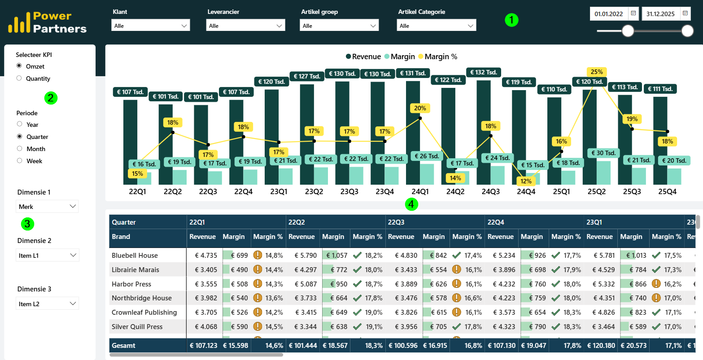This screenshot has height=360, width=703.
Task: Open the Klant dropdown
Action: coord(150,26)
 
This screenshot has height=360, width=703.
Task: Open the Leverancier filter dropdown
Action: coord(245,26)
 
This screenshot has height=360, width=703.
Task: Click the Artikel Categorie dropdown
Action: coord(436,26)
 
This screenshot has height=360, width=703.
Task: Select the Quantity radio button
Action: coord(19,78)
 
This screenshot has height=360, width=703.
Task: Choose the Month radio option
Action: coord(19,149)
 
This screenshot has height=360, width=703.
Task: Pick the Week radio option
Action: coord(19,160)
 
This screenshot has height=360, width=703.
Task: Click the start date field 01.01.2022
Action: coord(608,14)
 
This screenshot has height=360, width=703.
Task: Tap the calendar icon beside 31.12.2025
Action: coord(685,13)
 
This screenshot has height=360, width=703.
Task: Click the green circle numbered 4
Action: coord(411,204)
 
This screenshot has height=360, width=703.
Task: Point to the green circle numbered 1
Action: coord(511,20)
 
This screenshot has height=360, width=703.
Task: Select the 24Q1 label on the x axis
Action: coord(420,191)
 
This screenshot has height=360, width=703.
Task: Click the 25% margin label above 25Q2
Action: coord(597,72)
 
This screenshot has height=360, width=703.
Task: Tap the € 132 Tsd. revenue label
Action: coord(483,73)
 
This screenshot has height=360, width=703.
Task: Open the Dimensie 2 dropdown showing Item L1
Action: coord(48,255)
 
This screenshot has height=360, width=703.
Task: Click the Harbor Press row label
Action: coord(131,284)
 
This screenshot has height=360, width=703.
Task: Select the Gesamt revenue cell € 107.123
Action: coord(203,346)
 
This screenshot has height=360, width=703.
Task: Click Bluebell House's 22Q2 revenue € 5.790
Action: coord(306,256)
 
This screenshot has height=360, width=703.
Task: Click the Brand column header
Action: coord(121,237)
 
